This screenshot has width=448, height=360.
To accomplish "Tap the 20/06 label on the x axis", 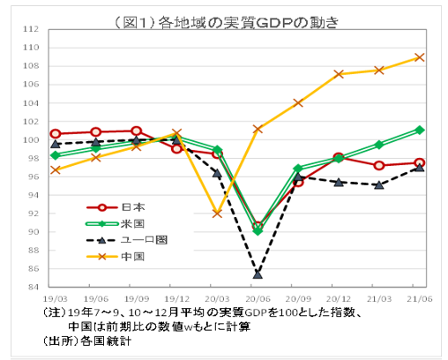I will pos(257,300).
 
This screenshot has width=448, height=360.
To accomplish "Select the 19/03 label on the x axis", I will pos(55,300).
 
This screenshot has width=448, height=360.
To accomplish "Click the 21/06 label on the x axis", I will pos(419,300).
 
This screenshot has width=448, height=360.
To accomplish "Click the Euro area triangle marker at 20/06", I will pos(257,274).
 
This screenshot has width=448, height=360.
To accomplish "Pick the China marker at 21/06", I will pos(420,57).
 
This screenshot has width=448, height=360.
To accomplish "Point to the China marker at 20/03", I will pos(217,213).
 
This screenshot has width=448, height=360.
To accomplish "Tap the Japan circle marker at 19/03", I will pos(55,134).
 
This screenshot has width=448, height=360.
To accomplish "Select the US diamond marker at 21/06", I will pos(420,130).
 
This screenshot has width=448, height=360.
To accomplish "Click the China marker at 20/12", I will pos(339,74).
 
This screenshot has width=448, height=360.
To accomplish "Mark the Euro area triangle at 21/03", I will pos(379,184).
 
